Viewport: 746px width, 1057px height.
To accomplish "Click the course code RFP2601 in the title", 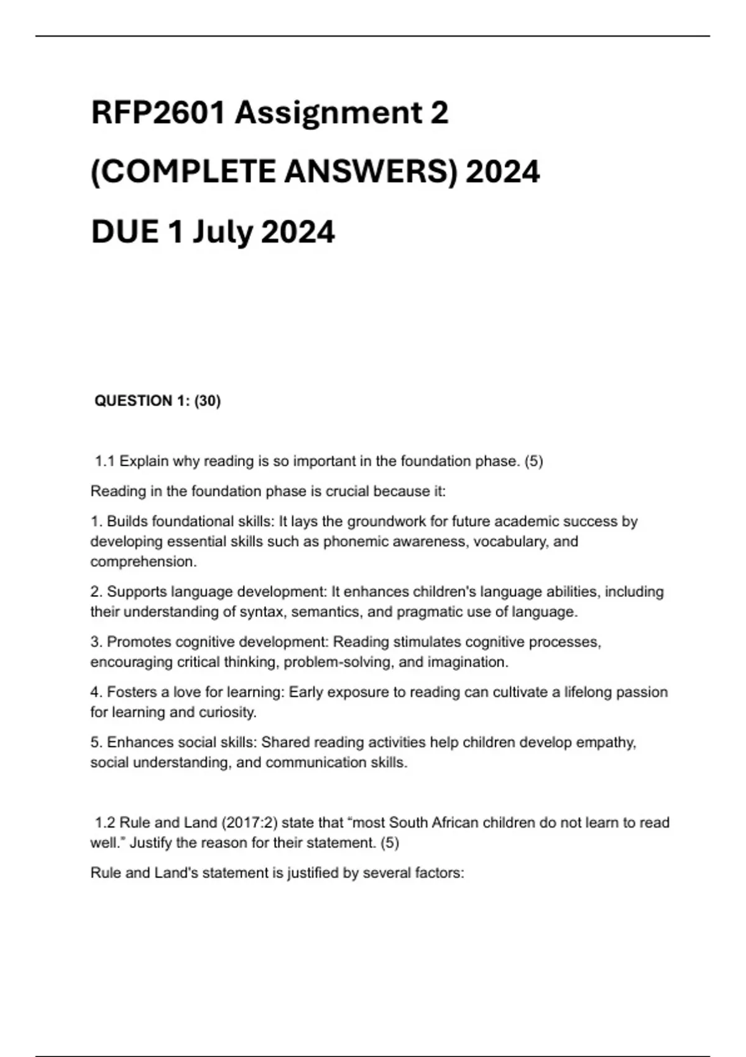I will click(x=158, y=113).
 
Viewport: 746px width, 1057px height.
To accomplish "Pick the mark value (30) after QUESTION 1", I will click(x=208, y=401).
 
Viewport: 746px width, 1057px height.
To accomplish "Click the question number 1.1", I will click(x=105, y=461).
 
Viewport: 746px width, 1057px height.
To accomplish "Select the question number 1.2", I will click(x=105, y=823).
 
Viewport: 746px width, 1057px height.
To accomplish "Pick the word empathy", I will click(x=606, y=742).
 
